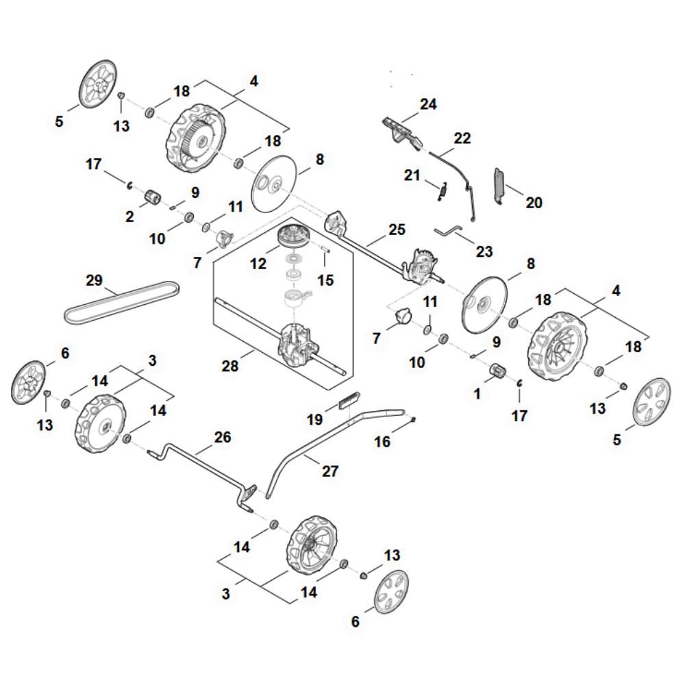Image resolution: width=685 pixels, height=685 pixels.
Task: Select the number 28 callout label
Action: [x=230, y=366]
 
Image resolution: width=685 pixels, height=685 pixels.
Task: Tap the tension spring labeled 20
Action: [x=499, y=186]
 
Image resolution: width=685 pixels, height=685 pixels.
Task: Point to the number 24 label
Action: [x=428, y=104]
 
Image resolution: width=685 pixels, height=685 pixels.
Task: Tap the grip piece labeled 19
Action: [x=347, y=399]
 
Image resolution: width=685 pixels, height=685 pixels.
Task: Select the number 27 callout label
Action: [x=331, y=471]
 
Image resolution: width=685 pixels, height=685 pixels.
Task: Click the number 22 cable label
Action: [x=462, y=138]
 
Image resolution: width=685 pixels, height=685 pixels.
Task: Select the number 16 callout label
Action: [x=382, y=442]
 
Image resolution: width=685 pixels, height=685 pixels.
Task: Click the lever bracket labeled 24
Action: [x=401, y=130]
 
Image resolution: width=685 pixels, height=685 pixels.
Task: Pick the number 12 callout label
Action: [x=258, y=263]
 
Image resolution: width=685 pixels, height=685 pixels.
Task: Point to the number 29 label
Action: [x=95, y=280]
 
